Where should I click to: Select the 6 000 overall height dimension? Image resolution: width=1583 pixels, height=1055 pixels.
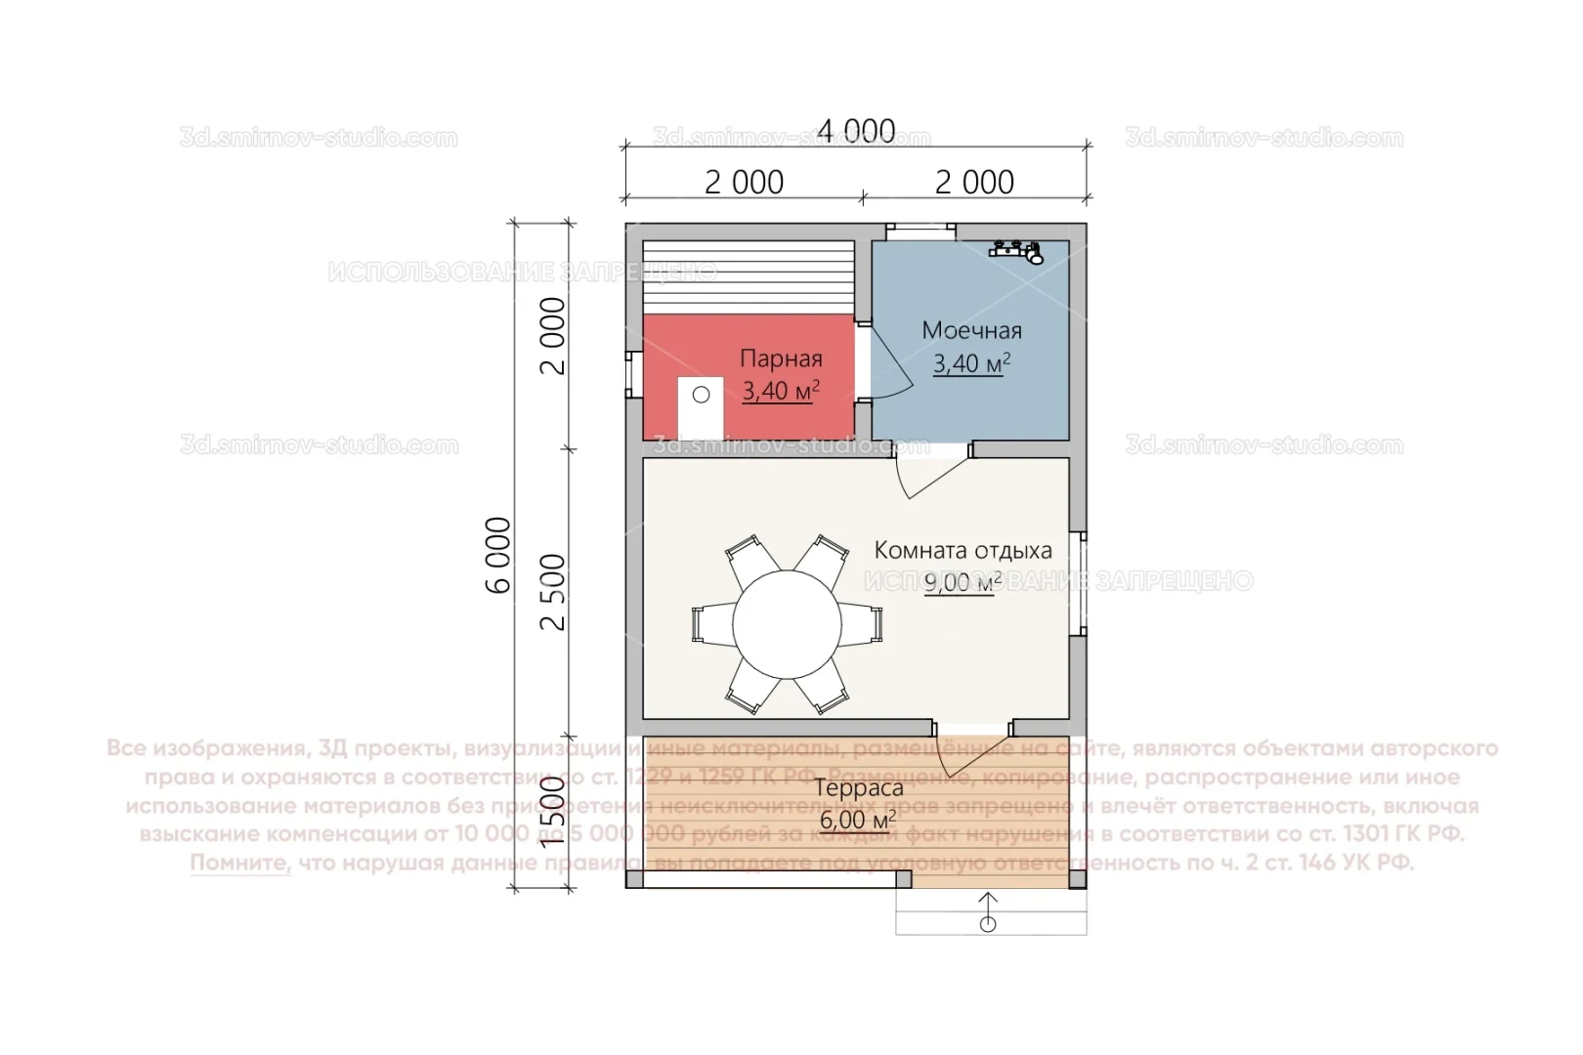pos(499,555)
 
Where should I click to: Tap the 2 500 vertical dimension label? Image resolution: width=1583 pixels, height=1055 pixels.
pos(554,592)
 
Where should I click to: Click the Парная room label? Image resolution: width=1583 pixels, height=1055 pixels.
pos(781,359)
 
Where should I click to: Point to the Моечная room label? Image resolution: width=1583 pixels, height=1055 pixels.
pos(971,330)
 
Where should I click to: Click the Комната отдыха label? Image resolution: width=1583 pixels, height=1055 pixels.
pos(963,550)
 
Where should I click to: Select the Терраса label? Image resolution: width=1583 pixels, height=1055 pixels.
pos(859,788)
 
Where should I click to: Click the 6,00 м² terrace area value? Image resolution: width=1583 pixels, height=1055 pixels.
pos(856,820)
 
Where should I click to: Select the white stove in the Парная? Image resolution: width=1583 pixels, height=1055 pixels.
pos(701,407)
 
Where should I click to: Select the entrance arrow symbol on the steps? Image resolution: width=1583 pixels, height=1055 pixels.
pos(988,912)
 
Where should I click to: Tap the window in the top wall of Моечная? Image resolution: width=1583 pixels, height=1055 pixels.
pos(920,231)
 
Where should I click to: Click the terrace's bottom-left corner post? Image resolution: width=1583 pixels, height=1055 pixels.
pos(635,879)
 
